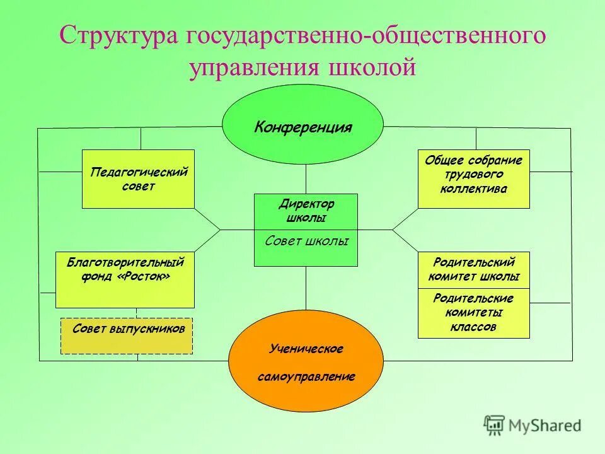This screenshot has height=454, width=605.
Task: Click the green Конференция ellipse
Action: (x=302, y=126)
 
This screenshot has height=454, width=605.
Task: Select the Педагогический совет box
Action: (x=138, y=179)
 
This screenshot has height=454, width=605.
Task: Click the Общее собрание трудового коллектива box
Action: (x=474, y=179)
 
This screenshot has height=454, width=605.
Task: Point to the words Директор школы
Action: (x=306, y=211)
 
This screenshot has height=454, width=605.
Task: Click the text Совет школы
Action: (x=306, y=241)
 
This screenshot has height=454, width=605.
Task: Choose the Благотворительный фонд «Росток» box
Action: (x=125, y=279)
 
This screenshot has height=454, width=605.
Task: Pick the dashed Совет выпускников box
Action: (x=127, y=335)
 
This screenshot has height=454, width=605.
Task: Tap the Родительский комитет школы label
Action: (x=474, y=269)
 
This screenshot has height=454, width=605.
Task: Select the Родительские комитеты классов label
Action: (x=474, y=313)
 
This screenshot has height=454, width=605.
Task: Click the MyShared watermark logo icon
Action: (x=495, y=424)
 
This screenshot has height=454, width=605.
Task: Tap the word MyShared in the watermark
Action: (x=545, y=426)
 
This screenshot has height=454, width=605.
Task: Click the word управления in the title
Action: (x=252, y=67)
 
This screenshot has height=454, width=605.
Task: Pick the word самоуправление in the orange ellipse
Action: (x=306, y=376)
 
